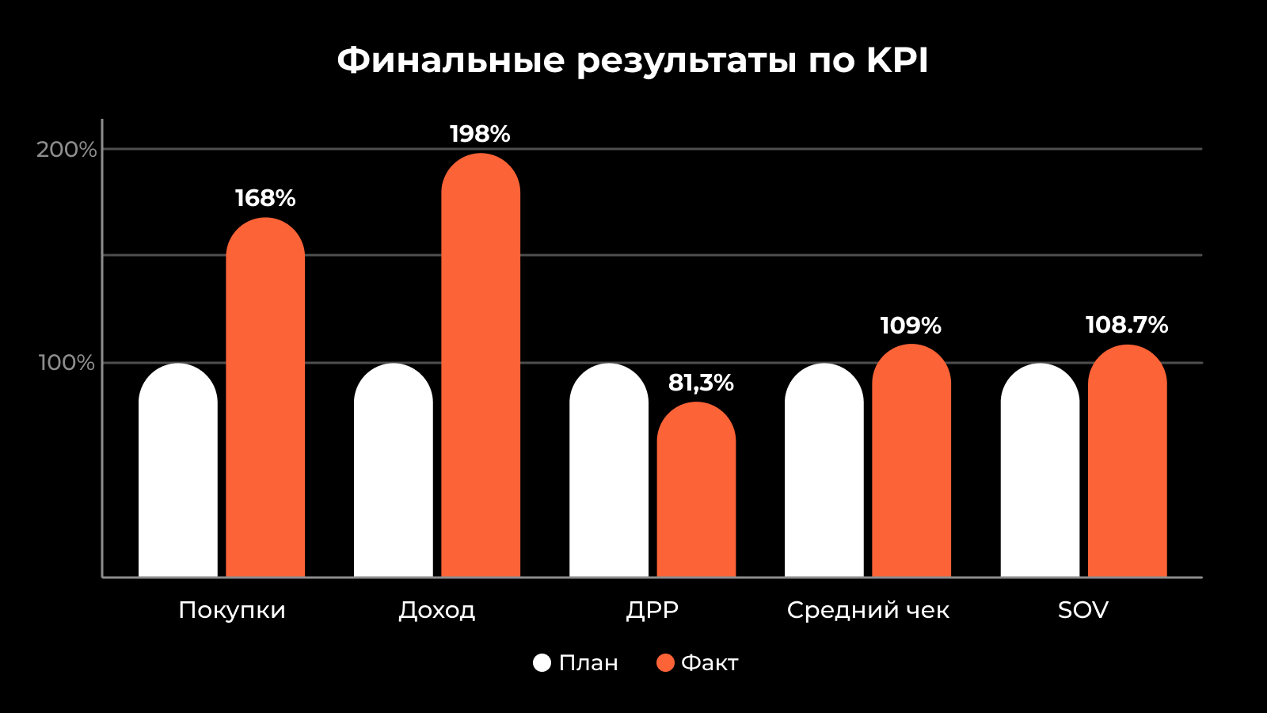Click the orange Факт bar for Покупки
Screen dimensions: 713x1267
tap(265, 396)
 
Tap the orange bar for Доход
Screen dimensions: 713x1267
tap(481, 364)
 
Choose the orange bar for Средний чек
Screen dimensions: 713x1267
tap(911, 460)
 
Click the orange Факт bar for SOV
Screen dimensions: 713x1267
tap(1127, 460)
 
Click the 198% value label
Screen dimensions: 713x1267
tap(480, 135)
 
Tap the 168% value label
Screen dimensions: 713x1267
tap(265, 198)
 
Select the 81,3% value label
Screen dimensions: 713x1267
tap(701, 383)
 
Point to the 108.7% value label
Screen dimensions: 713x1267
tap(1126, 326)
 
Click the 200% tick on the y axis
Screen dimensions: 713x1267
tap(67, 150)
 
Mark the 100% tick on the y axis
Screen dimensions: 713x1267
tap(67, 363)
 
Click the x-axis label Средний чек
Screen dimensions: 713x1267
tap(868, 610)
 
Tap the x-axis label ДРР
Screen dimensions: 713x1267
tap(653, 610)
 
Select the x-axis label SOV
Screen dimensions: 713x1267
tap(1082, 610)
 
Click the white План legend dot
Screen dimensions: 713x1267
tap(542, 663)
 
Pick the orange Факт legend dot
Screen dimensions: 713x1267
tap(665, 663)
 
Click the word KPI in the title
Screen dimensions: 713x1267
tap(896, 60)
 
